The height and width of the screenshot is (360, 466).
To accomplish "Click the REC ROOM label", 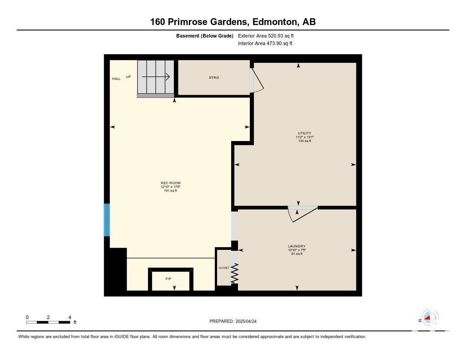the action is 171,183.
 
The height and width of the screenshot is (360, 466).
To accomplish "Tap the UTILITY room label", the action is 304,133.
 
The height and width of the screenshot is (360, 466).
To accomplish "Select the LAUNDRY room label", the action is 297,246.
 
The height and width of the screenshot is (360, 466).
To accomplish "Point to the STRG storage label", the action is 214,77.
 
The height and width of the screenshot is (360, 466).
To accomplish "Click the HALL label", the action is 116,79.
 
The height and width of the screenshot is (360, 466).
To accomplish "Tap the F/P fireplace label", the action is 168,279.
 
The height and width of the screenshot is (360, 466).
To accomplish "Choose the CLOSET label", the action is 224,268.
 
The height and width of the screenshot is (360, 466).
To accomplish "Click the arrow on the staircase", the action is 156,77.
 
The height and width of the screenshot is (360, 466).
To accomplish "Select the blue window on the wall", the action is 107,220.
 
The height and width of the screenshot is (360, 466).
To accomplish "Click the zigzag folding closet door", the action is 235,273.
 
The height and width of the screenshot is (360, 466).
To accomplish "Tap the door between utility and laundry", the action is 303,214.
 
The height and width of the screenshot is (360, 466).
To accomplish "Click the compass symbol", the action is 430,318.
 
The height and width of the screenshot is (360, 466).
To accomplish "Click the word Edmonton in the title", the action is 274,22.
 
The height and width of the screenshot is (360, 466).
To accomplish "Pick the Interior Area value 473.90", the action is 274,43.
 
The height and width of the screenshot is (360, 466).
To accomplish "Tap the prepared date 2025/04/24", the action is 246,321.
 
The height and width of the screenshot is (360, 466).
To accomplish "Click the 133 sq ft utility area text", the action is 304,141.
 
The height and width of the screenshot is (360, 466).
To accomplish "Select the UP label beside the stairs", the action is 128,77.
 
